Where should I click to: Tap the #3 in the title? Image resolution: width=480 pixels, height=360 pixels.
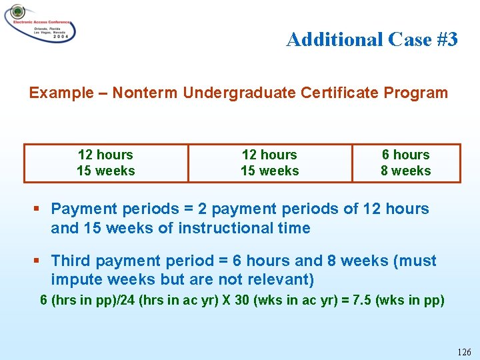pyautogui.click(x=443, y=40)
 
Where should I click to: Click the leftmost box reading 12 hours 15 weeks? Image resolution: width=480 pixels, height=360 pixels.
pyautogui.click(x=105, y=163)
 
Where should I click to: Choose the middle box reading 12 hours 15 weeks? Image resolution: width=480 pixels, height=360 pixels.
pyautogui.click(x=269, y=163)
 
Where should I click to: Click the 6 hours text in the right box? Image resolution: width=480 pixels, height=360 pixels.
pyautogui.click(x=405, y=155)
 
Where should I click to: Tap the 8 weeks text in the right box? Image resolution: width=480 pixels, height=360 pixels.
pyautogui.click(x=405, y=171)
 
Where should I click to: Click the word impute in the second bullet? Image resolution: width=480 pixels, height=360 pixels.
pyautogui.click(x=75, y=279)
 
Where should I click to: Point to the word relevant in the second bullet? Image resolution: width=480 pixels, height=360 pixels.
pyautogui.click(x=279, y=279)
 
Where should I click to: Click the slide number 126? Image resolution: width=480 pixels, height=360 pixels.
pyautogui.click(x=465, y=352)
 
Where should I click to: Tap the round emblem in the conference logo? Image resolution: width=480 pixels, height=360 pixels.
pyautogui.click(x=17, y=13)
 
